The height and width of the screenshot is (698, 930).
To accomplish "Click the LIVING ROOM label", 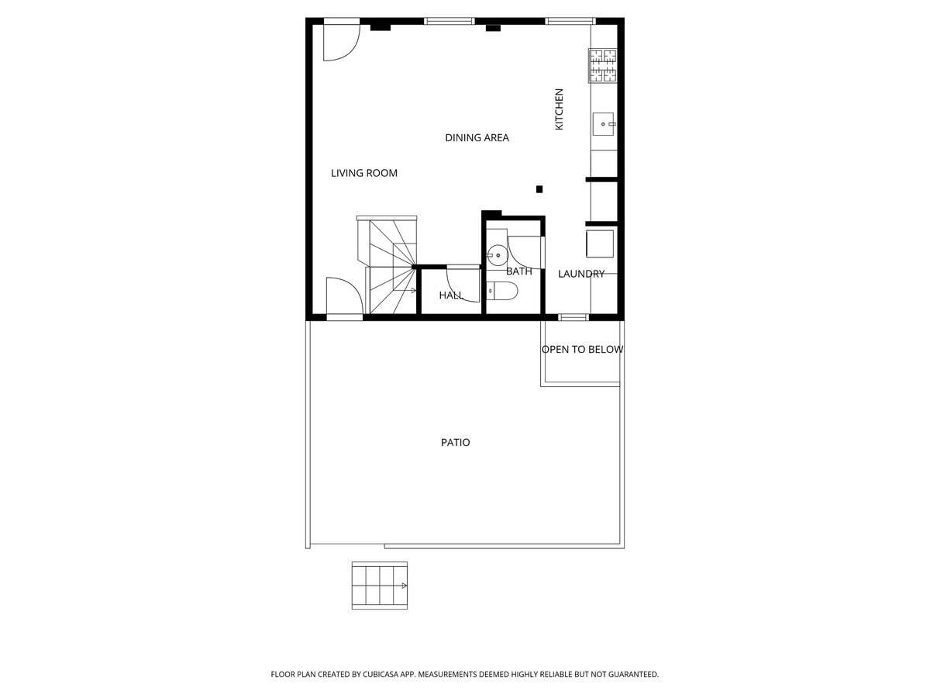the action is (364, 173).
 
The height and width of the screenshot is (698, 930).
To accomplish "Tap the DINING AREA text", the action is (477, 138).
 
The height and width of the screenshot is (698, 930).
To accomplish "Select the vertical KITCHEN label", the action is (559, 109).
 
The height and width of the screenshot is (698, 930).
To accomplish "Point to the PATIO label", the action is (456, 442).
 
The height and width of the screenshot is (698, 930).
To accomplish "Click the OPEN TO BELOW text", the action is (582, 350).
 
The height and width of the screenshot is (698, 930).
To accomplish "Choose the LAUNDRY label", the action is (581, 274).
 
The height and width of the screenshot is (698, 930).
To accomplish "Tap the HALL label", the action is (451, 295).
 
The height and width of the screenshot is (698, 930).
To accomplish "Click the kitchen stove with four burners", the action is (602, 65).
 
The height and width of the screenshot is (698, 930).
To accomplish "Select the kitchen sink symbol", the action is (603, 124).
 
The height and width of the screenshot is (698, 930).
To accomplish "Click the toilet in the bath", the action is (501, 291).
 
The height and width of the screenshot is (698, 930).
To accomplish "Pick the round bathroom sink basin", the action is (497, 256).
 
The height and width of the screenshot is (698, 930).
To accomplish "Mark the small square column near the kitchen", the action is (539, 189).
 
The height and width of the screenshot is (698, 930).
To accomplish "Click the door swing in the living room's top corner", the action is (342, 43).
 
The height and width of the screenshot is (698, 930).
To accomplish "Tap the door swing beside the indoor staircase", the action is (344, 295).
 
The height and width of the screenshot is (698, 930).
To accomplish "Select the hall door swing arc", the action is (463, 284).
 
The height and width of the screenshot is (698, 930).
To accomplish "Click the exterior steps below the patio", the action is (380, 586).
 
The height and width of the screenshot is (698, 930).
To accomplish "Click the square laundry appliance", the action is (600, 244).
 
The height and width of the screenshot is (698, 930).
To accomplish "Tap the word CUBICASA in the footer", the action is (381, 674).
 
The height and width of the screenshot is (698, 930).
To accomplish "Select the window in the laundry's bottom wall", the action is (573, 317).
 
